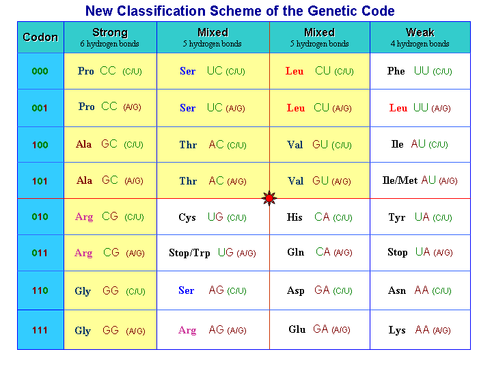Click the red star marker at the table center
coord(269,198)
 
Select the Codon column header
coord(40,38)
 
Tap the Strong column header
coord(110,38)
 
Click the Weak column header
coord(420,38)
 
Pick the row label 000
coord(40,71)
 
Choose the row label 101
coord(40,181)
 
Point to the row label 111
coord(40,330)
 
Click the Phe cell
coord(420,71)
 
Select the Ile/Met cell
coord(420,180)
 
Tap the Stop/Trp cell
coord(213,253)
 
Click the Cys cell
coord(213,217)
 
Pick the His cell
coord(320,217)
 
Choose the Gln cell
coord(320,253)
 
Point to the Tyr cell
coord(420,217)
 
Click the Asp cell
coord(320,290)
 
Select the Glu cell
coord(320,329)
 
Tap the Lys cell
coord(420,329)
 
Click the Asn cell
coord(420,290)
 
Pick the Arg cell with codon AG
coord(213,329)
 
